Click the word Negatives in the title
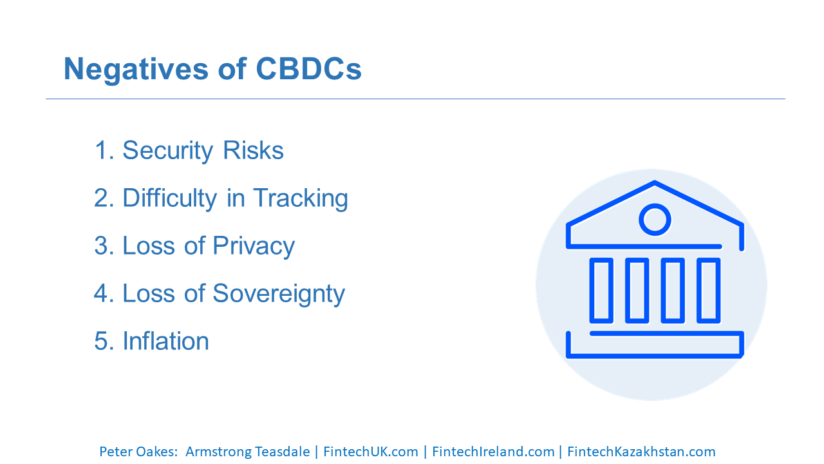136,69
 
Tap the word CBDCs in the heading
308,69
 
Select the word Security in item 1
167,151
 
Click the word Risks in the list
253,150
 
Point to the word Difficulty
169,198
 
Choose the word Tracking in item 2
301,198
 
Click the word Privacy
254,246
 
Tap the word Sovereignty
279,294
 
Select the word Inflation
165,341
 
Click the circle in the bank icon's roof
655,220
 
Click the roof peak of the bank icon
655,182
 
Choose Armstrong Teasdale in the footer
248,452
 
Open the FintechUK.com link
371,452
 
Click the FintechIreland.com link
493,452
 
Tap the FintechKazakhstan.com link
642,452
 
